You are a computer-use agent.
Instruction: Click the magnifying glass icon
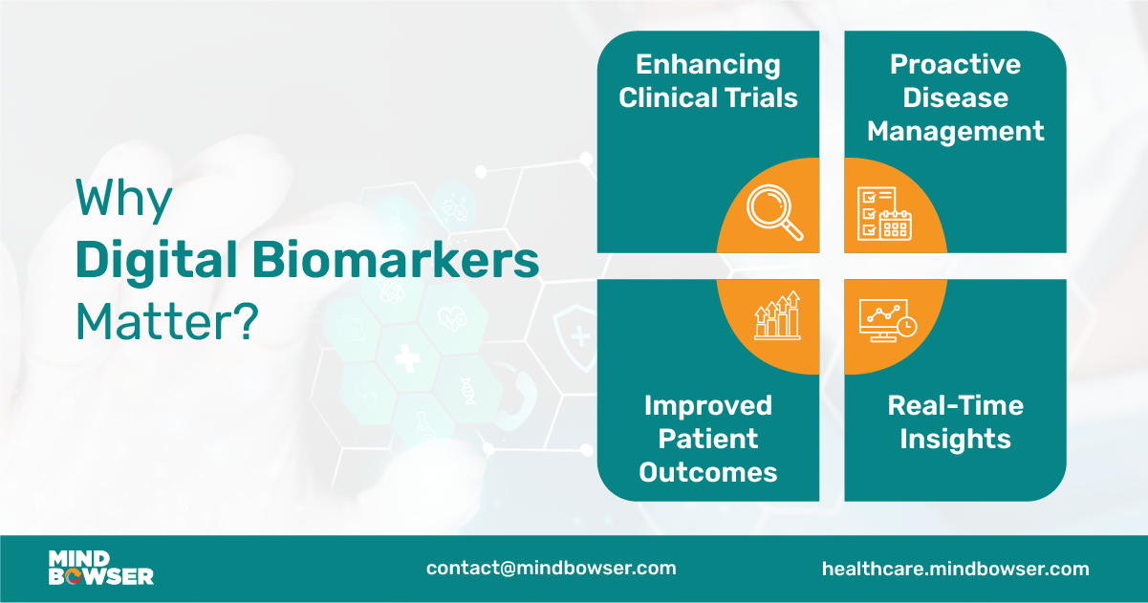click(775, 211)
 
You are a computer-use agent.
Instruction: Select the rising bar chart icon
click(776, 316)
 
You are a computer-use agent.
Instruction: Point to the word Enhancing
click(707, 65)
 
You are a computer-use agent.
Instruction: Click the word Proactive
click(955, 65)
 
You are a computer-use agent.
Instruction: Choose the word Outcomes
click(707, 471)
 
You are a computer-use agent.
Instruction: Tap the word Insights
click(955, 439)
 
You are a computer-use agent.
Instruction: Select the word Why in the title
click(124, 200)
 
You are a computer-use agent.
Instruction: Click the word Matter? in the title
click(167, 323)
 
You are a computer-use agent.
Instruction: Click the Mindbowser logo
click(100, 568)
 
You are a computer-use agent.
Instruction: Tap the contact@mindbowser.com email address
click(551, 568)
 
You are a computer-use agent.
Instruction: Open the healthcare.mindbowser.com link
click(955, 569)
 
